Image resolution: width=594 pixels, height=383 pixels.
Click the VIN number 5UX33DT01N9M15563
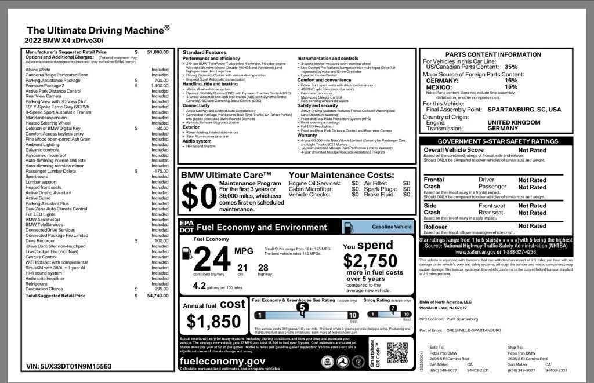[x=68, y=366]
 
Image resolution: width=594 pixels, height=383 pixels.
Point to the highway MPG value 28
[x=263, y=267]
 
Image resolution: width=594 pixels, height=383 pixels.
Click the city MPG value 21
[x=242, y=267]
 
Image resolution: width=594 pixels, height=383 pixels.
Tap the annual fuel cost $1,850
[x=213, y=320]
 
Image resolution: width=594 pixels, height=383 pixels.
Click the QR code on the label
[x=398, y=353]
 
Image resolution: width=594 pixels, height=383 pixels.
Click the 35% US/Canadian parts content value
[x=511, y=67]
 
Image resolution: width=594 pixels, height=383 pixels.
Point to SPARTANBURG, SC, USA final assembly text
[x=524, y=109]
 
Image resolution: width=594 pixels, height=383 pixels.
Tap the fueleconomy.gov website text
[x=223, y=361]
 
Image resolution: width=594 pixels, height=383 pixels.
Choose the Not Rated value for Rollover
[x=532, y=226]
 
